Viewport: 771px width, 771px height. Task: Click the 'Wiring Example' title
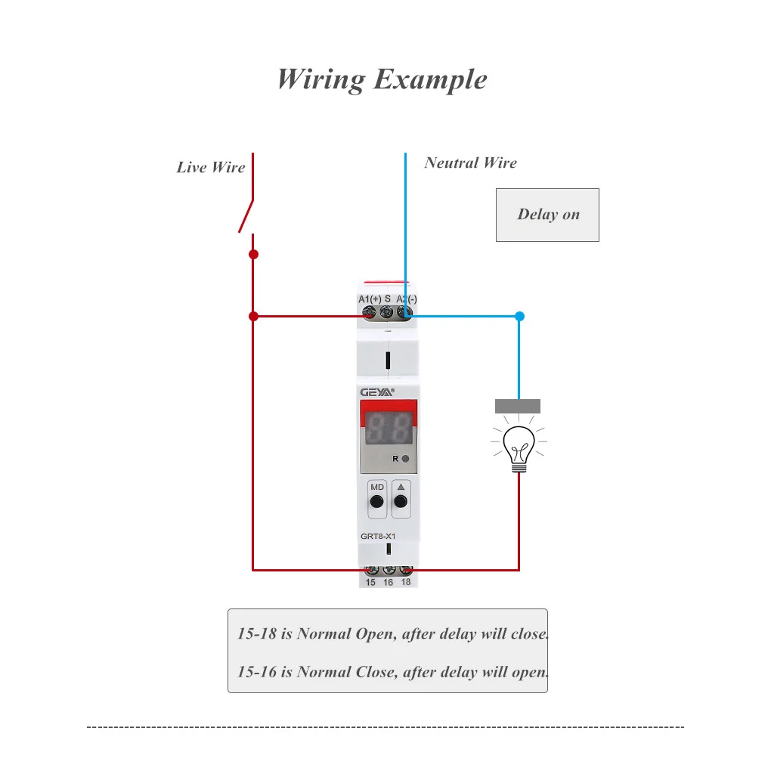coord(382,79)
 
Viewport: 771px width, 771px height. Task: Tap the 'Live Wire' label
coord(211,167)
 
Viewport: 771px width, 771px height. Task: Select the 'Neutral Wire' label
coord(470,163)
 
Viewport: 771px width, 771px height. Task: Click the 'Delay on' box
coord(547,215)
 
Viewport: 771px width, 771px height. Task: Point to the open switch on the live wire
coord(246,216)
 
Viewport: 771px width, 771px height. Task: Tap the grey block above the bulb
coord(518,406)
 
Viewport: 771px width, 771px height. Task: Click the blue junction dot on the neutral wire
coord(519,316)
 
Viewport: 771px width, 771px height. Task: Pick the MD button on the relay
coord(376,501)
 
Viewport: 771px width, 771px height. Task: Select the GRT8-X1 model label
coord(378,536)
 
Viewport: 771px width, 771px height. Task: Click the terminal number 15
coord(370,582)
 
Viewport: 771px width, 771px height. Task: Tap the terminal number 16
coord(389,582)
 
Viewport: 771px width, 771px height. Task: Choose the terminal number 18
coord(406,582)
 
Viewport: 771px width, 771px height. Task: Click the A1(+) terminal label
coord(370,299)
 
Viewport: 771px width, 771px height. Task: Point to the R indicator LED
coord(406,459)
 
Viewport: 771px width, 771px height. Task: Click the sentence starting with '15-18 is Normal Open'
coord(392,633)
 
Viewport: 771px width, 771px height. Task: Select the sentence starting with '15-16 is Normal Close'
coord(392,671)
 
